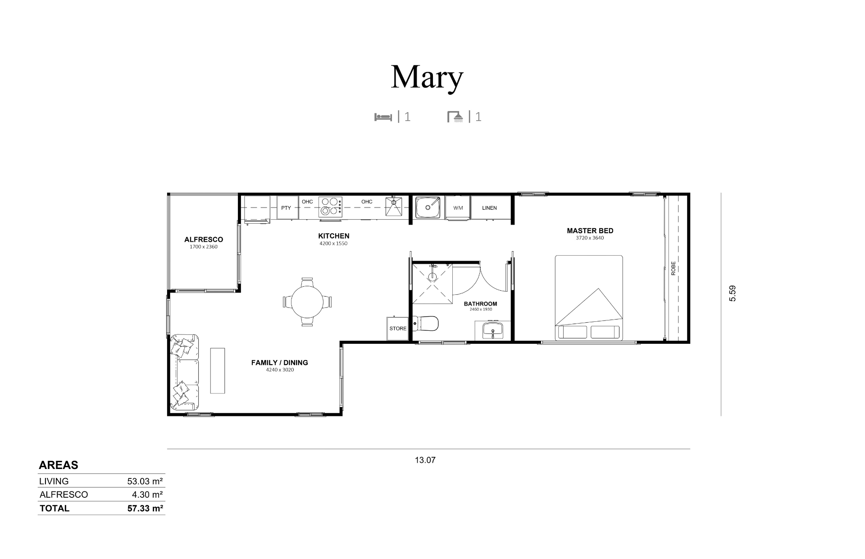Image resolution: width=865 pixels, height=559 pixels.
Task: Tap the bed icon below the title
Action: [383, 117]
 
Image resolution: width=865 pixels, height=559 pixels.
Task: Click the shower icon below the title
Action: [455, 117]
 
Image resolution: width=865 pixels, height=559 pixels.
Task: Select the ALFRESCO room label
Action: [204, 239]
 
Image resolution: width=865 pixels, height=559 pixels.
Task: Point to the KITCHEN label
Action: [334, 236]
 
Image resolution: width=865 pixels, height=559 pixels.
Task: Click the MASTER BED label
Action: [590, 231]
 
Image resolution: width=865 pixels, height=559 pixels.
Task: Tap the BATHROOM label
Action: [481, 304]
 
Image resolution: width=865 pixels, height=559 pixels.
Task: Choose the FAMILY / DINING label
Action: [280, 363]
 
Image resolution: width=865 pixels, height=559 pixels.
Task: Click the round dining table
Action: [307, 302]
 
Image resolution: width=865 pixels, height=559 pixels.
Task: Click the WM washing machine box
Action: [458, 207]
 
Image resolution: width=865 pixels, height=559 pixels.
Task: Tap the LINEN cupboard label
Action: [489, 208]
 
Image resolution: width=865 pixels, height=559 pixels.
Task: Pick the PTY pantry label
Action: [286, 208]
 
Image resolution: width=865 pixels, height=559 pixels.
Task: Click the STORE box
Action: [398, 328]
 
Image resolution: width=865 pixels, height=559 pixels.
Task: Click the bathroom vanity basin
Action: [493, 330]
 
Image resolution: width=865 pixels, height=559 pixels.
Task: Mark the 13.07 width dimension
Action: [425, 460]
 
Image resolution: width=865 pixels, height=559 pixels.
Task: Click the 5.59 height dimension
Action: [733, 293]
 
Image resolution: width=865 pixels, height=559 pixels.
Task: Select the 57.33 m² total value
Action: [145, 509]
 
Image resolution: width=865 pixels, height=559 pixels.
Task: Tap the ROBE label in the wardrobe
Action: [674, 269]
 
